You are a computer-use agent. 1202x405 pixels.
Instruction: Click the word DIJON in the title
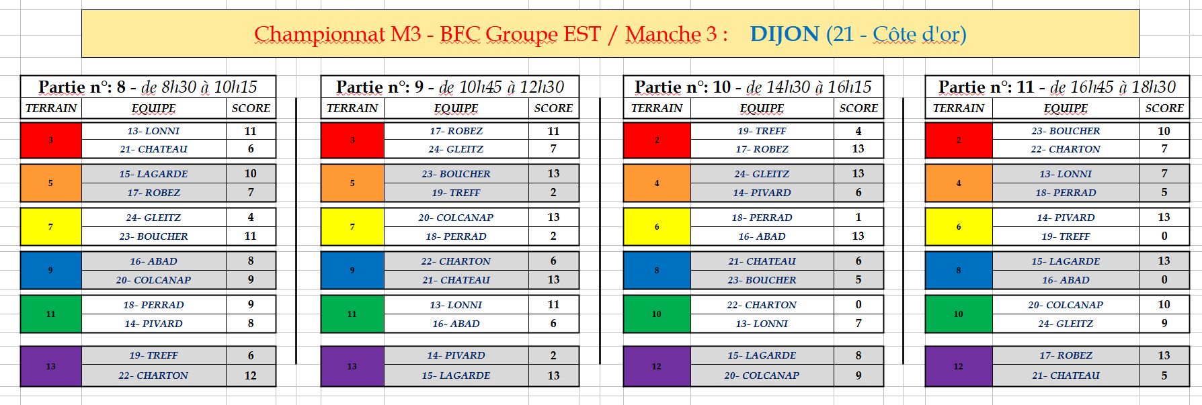[785, 34]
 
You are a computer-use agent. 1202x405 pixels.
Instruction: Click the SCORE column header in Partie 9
[553, 108]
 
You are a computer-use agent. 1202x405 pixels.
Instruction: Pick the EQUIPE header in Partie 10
[762, 108]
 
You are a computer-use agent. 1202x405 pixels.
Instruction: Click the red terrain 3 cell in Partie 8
[51, 140]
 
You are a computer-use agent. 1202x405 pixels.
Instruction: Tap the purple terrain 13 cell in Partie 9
[352, 367]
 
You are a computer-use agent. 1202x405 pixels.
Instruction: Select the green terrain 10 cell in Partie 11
[959, 314]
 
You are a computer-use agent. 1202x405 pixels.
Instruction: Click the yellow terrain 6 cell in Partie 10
[657, 227]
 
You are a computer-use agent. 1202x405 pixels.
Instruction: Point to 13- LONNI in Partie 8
[153, 131]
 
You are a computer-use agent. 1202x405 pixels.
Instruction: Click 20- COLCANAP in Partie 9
[456, 218]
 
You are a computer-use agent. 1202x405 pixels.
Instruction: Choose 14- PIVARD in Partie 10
[762, 193]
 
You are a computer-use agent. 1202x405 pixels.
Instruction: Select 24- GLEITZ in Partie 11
[1066, 324]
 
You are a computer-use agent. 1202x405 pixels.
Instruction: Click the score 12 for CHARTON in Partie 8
[251, 376]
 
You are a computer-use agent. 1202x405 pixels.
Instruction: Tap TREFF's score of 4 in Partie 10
[858, 131]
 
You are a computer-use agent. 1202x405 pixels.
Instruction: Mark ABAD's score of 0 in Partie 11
[1164, 280]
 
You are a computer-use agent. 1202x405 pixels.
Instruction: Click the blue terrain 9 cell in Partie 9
[352, 271]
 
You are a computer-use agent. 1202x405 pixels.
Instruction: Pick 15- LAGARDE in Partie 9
[456, 375]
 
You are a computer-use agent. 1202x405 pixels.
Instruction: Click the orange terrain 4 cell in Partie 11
[959, 183]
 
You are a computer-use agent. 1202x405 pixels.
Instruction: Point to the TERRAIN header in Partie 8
[51, 108]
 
